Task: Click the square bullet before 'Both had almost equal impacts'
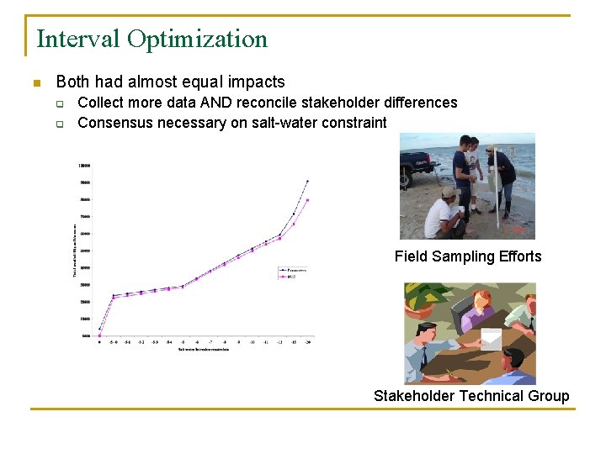point(36,83)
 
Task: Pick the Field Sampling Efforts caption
point(468,256)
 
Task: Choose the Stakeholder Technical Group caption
point(471,396)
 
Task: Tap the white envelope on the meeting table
point(490,339)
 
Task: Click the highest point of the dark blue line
point(307,181)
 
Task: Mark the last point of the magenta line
point(307,200)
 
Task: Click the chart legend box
point(292,272)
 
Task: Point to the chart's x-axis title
point(203,349)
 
